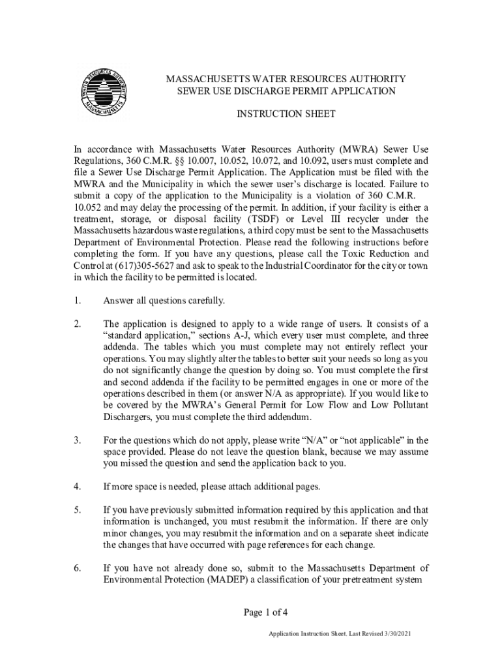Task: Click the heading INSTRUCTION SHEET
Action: pyautogui.click(x=286, y=114)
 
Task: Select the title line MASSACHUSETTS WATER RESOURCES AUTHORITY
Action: pyautogui.click(x=286, y=79)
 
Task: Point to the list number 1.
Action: pyautogui.click(x=77, y=301)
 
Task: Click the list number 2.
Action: pyautogui.click(x=77, y=324)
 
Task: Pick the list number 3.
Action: pyautogui.click(x=77, y=440)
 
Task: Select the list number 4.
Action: pyautogui.click(x=77, y=487)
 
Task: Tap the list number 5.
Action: pyautogui.click(x=77, y=510)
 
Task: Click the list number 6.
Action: pyautogui.click(x=77, y=568)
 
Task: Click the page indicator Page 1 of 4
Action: pyautogui.click(x=266, y=612)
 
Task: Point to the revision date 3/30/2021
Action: pyautogui.click(x=394, y=634)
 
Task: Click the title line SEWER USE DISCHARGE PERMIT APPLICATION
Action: pyautogui.click(x=286, y=91)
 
